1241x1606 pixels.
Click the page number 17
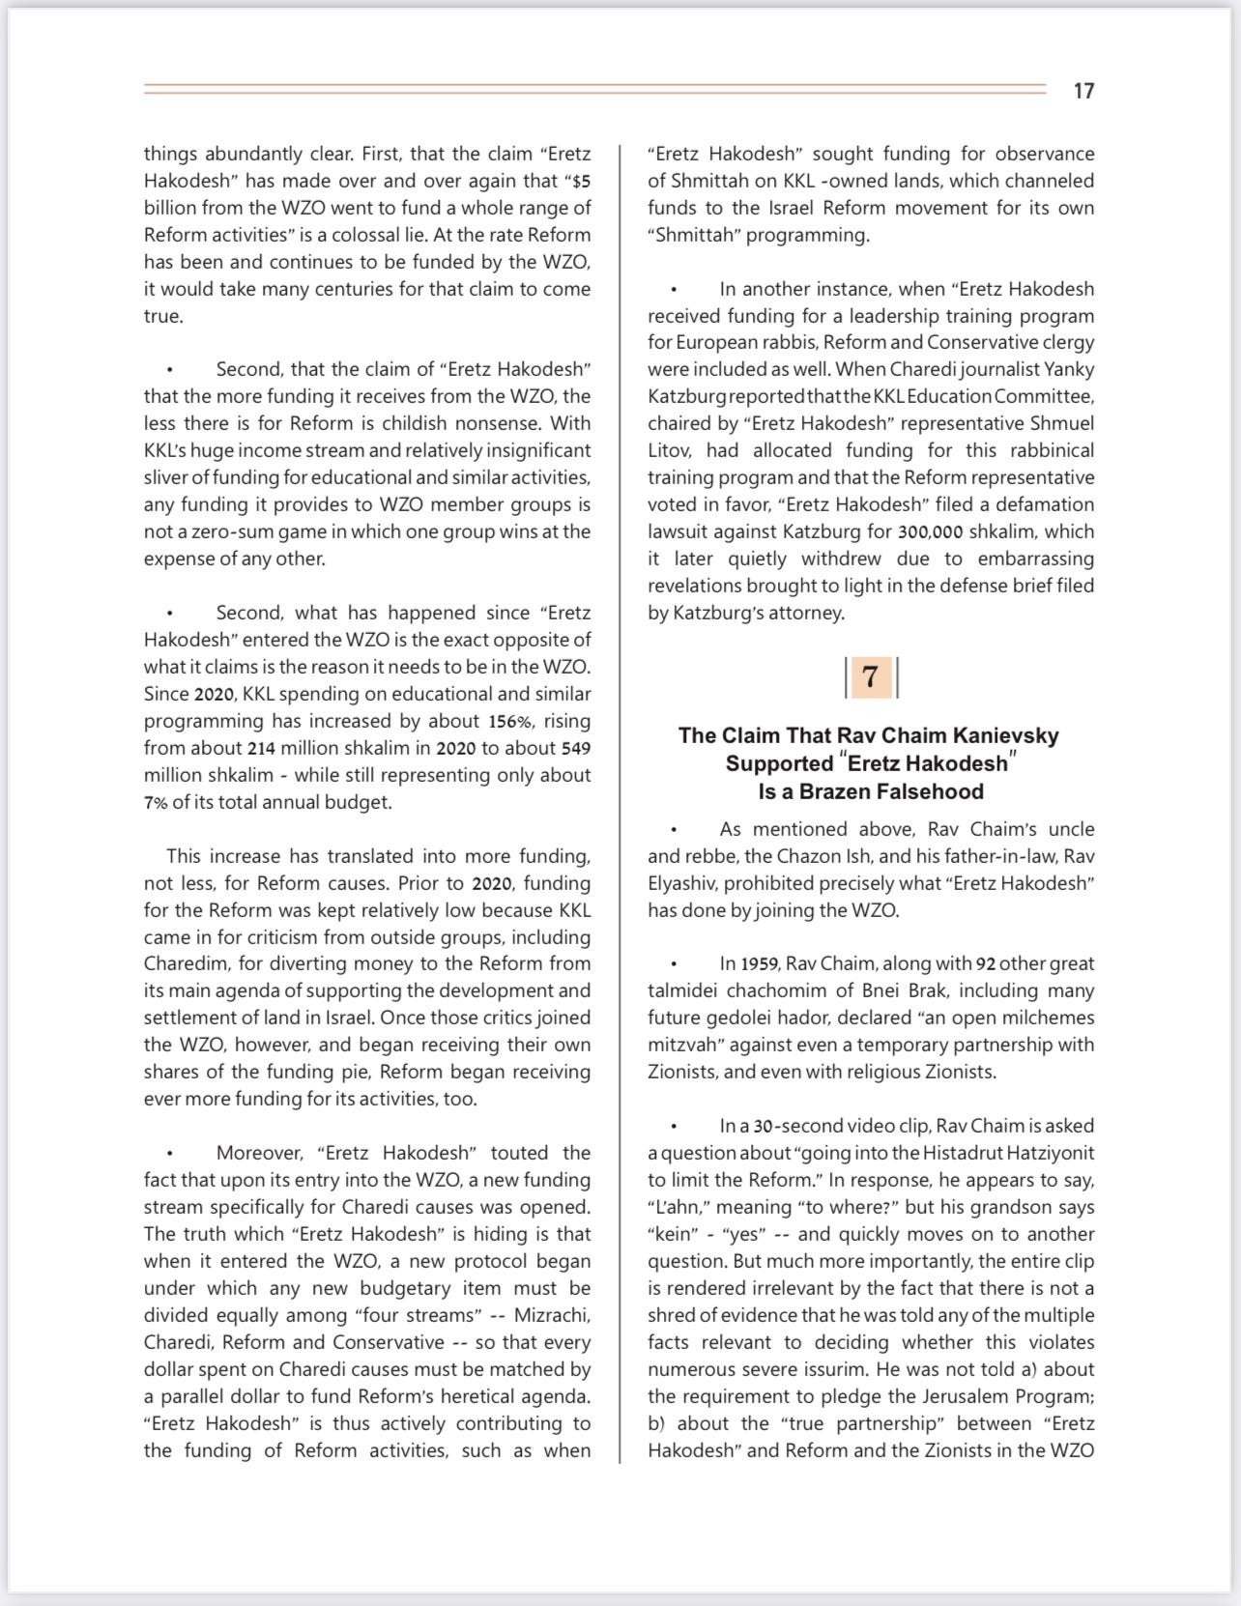pos(1083,91)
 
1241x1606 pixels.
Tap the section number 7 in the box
pos(871,677)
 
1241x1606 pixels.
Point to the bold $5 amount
pos(580,181)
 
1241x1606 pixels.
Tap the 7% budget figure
pos(156,802)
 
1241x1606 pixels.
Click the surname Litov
pos(669,450)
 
